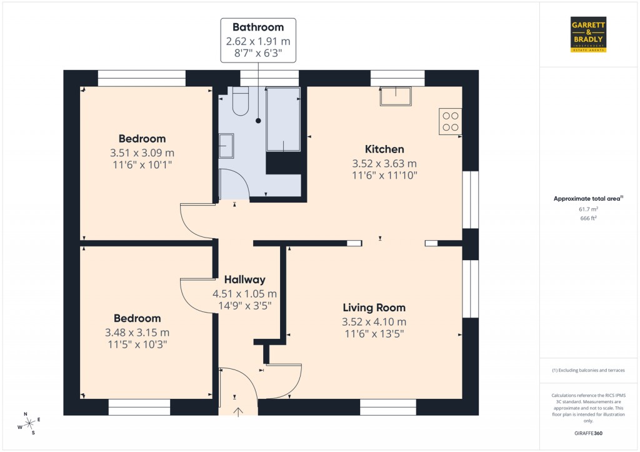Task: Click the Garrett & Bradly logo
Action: pos(589,34)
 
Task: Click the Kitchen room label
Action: pos(384,149)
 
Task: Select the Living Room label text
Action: pos(374,308)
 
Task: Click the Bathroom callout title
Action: pos(258,27)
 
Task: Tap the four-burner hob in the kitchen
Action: pos(451,121)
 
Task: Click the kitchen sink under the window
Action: pos(396,96)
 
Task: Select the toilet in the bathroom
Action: pos(241,102)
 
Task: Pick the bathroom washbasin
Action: pos(226,146)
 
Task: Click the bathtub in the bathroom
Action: pos(283,119)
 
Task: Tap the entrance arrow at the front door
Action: pos(238,411)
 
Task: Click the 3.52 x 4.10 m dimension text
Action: pos(374,322)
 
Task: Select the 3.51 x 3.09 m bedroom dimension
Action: pos(142,153)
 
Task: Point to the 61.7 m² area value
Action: pos(588,210)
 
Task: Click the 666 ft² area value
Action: pos(588,219)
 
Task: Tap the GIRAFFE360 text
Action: pos(588,433)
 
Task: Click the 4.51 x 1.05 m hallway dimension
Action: pos(245,294)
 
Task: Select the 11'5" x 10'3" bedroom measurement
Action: pos(137,344)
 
